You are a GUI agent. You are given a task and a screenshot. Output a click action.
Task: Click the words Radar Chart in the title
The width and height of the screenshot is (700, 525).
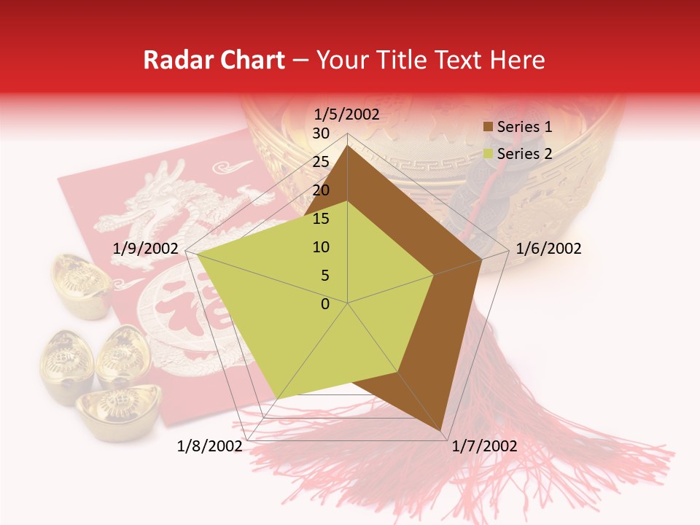(214, 61)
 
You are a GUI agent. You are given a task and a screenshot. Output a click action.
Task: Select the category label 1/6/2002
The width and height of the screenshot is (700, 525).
(548, 249)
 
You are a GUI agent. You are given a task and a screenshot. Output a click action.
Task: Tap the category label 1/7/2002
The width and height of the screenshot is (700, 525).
(484, 446)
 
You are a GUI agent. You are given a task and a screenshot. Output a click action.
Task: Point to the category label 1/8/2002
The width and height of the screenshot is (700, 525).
(209, 446)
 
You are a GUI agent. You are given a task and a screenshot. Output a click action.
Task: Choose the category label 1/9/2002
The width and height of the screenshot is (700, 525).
(146, 249)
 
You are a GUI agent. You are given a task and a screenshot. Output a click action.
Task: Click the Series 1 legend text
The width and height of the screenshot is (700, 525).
(524, 127)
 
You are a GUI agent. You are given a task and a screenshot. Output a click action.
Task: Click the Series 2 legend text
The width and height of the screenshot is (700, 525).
(524, 154)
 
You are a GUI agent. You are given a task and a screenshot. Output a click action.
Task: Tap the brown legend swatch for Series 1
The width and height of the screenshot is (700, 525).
(489, 128)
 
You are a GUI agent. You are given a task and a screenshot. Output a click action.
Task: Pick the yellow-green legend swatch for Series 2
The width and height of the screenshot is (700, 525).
(489, 155)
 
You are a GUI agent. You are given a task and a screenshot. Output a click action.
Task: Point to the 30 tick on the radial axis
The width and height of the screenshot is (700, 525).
(321, 133)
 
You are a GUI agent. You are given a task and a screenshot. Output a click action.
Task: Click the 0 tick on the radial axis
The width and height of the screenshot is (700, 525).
(325, 303)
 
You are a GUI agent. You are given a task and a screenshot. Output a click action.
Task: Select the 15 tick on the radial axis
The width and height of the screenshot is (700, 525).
(321, 219)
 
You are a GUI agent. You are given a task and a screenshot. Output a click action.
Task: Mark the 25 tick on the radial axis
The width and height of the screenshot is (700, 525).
(321, 162)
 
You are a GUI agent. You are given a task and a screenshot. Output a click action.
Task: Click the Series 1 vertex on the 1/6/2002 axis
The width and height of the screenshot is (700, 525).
(482, 259)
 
